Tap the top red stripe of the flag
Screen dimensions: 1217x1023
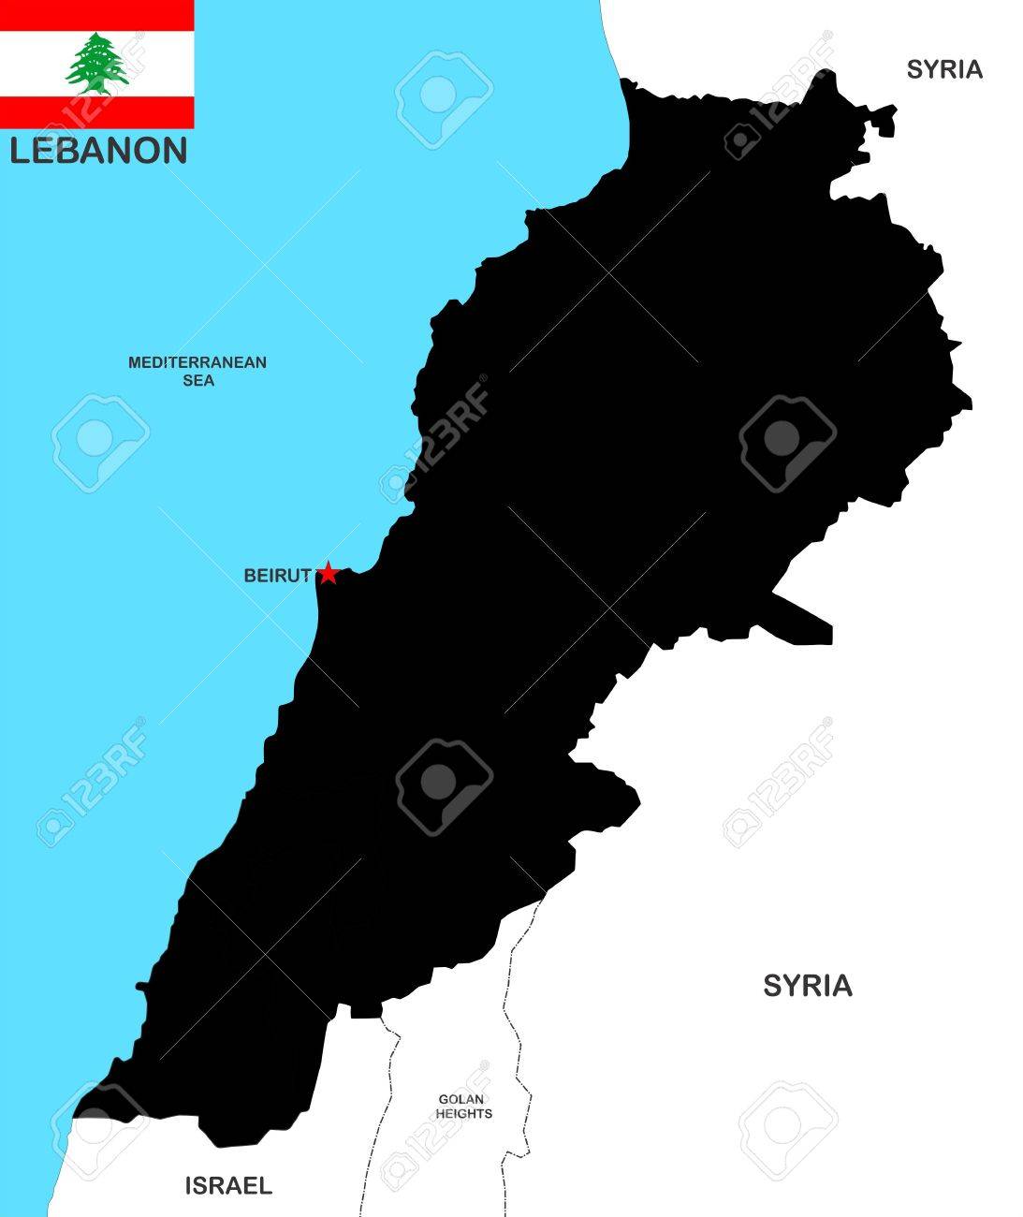[96, 13]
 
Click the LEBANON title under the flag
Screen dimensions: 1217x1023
[98, 151]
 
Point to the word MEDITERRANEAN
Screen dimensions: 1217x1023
[197, 362]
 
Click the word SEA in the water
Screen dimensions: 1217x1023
[198, 380]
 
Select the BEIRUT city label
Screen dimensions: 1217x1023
[276, 576]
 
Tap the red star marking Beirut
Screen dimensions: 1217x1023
[328, 574]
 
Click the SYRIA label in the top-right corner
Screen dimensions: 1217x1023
[943, 69]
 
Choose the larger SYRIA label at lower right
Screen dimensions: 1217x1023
[807, 986]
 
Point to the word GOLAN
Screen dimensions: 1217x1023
[462, 1099]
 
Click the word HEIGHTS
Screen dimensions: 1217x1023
[464, 1114]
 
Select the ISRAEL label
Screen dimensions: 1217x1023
[227, 1186]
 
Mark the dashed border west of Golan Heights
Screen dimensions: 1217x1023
[389, 1077]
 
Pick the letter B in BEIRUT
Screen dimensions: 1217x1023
[251, 576]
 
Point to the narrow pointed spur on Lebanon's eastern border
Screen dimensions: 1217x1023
[805, 617]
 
